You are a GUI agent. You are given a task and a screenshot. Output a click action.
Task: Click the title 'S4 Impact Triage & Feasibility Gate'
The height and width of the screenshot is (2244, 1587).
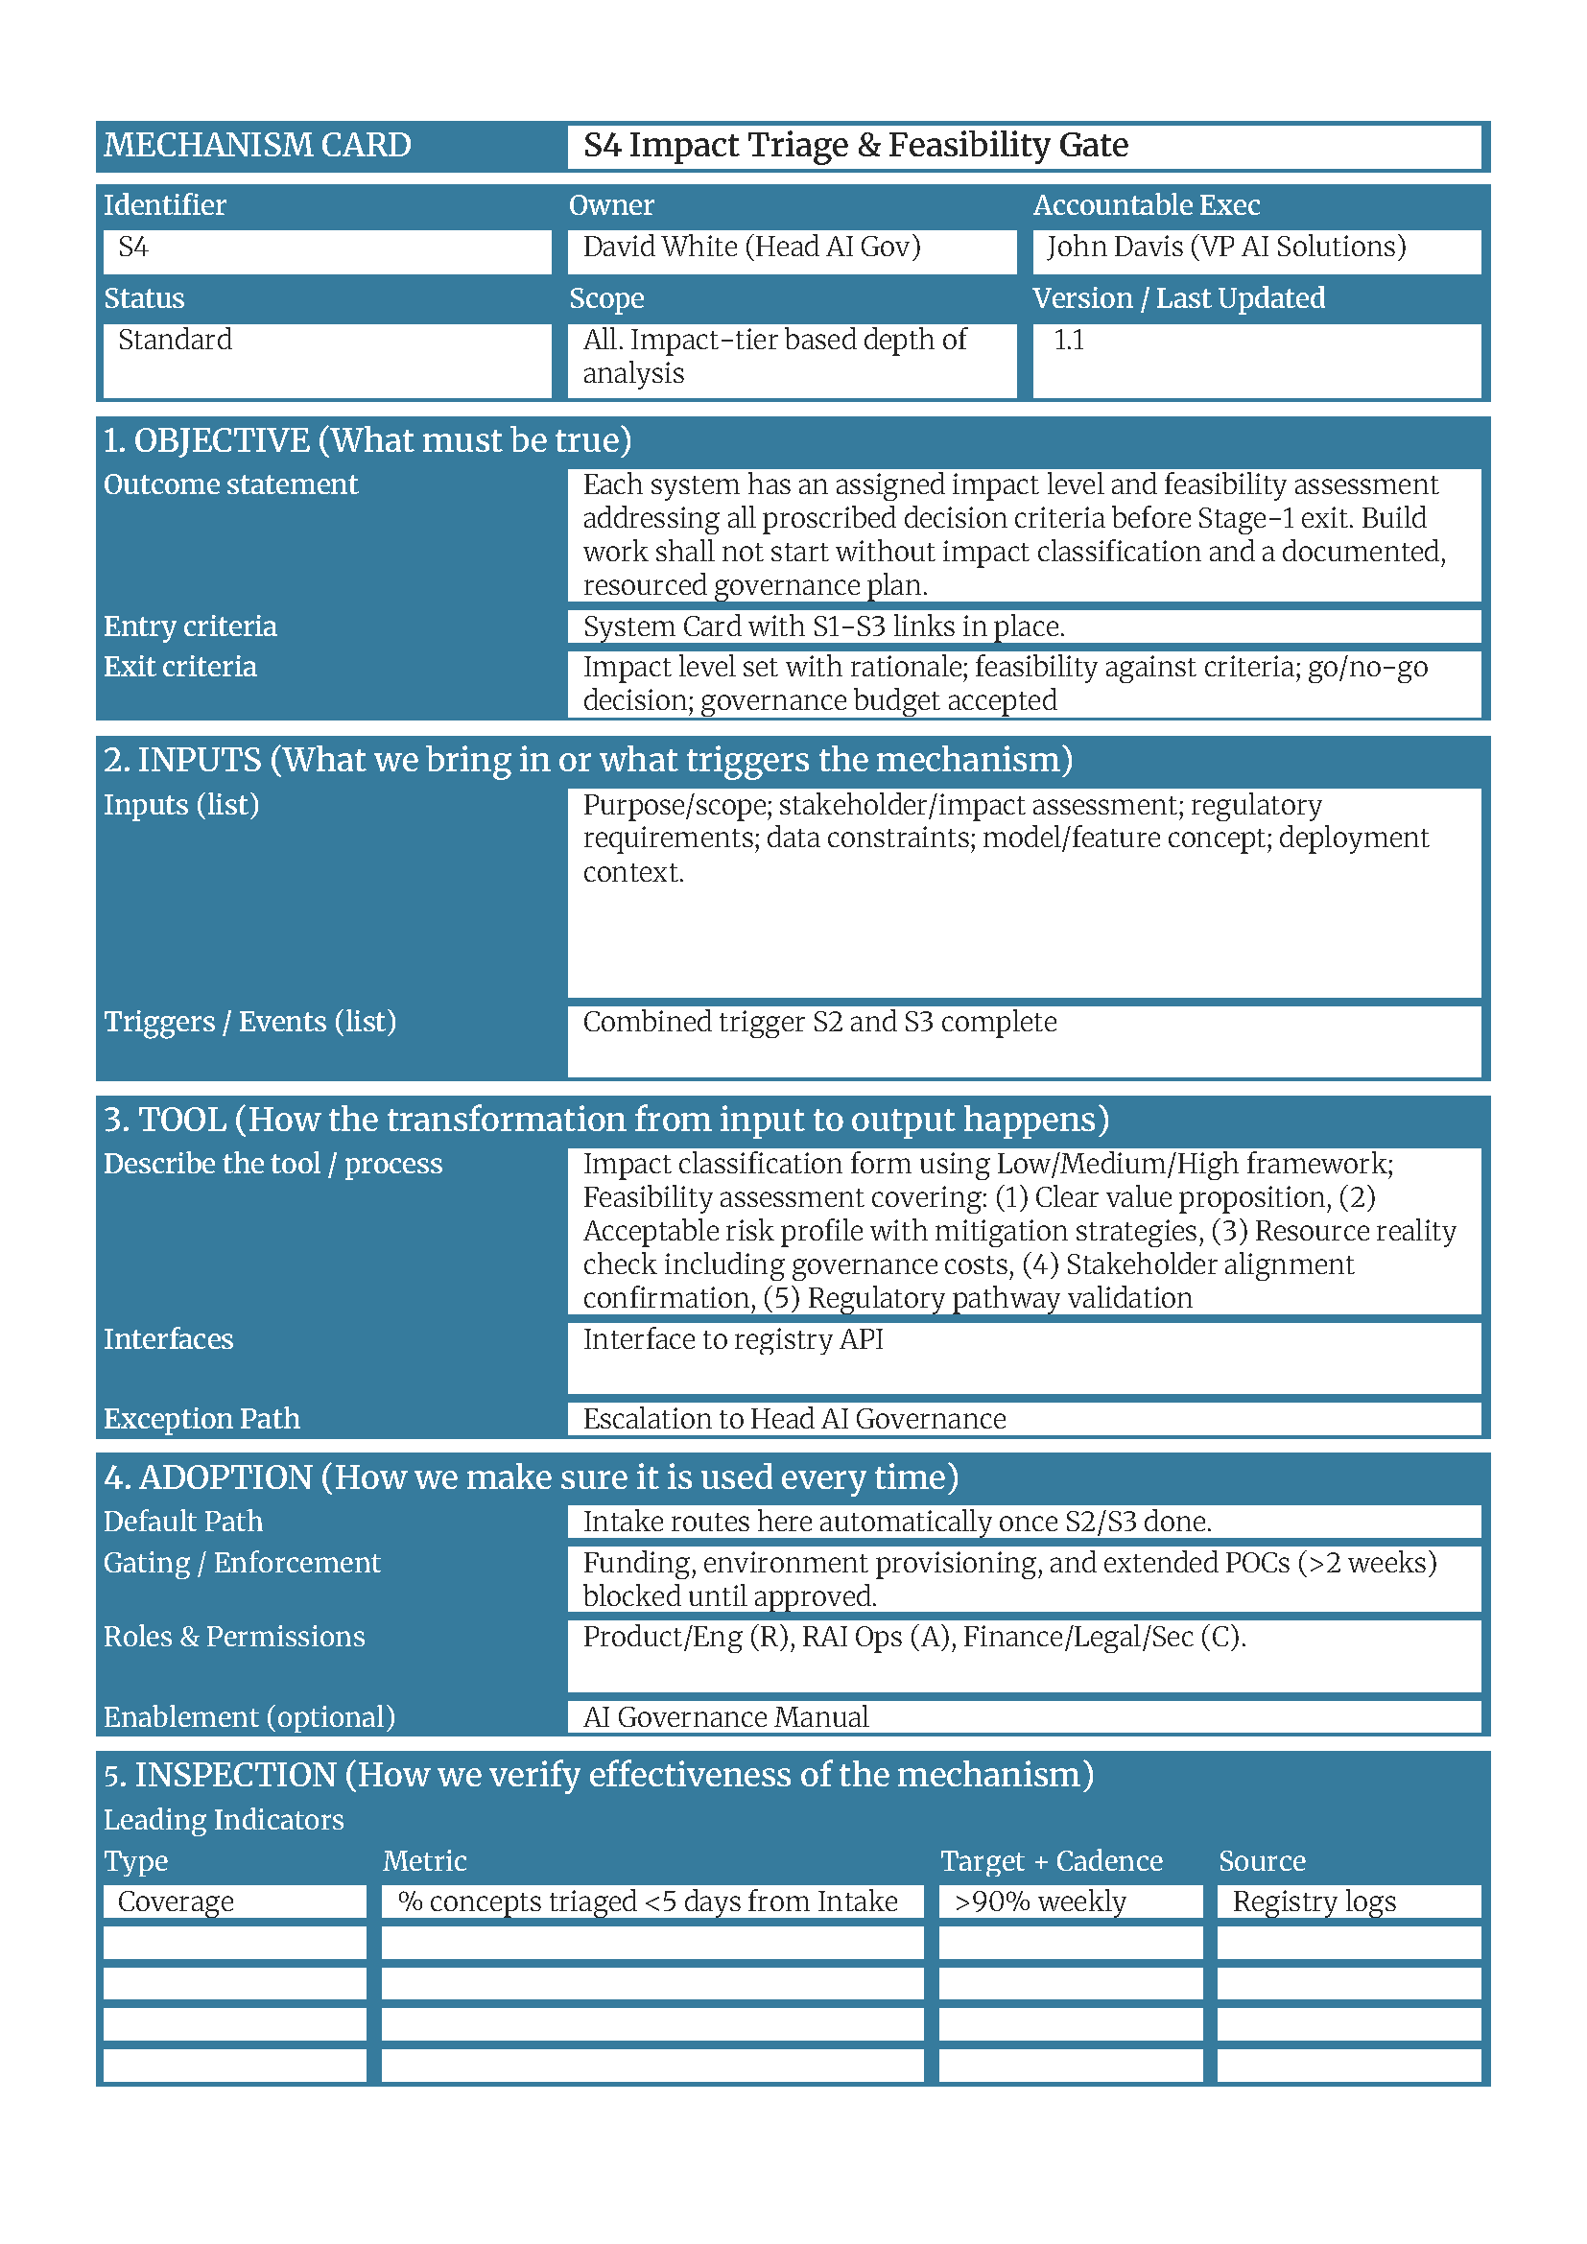pyautogui.click(x=855, y=146)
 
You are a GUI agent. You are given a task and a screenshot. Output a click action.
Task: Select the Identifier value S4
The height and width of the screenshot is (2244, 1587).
pyautogui.click(x=134, y=248)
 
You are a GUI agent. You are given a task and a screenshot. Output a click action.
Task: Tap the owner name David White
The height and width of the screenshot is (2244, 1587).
pyautogui.click(x=659, y=248)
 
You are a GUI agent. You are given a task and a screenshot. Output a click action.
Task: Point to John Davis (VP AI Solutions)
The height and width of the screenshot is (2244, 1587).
pyautogui.click(x=1225, y=248)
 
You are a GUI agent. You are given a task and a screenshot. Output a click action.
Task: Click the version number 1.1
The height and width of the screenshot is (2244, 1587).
pyautogui.click(x=1068, y=341)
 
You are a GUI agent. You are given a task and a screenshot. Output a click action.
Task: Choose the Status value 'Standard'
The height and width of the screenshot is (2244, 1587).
pyautogui.click(x=175, y=341)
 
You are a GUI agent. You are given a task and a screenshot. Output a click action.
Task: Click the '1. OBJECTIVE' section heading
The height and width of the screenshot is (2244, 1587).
pyautogui.click(x=367, y=440)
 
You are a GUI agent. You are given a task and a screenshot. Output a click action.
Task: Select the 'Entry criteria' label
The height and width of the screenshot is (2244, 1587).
pyautogui.click(x=191, y=626)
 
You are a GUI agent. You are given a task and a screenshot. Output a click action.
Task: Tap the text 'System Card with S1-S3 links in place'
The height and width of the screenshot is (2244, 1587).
pyautogui.click(x=823, y=626)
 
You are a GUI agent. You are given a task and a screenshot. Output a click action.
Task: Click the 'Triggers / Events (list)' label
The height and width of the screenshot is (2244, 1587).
pyautogui.click(x=250, y=1022)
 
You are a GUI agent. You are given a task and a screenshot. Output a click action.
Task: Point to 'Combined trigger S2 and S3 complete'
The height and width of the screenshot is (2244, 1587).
pyautogui.click(x=818, y=1023)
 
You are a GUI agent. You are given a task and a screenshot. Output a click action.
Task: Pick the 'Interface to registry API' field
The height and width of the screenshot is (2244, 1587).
pyautogui.click(x=733, y=1339)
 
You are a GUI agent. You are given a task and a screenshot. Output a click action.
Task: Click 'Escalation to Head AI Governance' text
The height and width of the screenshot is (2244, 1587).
pyautogui.click(x=793, y=1419)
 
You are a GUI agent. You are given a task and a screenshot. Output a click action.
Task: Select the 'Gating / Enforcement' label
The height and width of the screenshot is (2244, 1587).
pyautogui.click(x=242, y=1563)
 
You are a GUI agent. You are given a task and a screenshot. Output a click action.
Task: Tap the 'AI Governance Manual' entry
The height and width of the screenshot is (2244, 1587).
pyautogui.click(x=725, y=1717)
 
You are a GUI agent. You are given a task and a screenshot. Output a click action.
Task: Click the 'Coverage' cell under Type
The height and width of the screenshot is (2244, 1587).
pyautogui.click(x=176, y=1901)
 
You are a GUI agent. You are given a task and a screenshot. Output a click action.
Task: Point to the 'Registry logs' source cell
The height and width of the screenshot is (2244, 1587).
pyautogui.click(x=1314, y=1901)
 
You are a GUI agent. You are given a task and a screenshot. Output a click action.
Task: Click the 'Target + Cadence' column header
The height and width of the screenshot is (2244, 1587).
pyautogui.click(x=1051, y=1861)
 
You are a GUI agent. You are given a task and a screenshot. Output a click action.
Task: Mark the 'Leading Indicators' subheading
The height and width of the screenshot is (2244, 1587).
pyautogui.click(x=224, y=1820)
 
